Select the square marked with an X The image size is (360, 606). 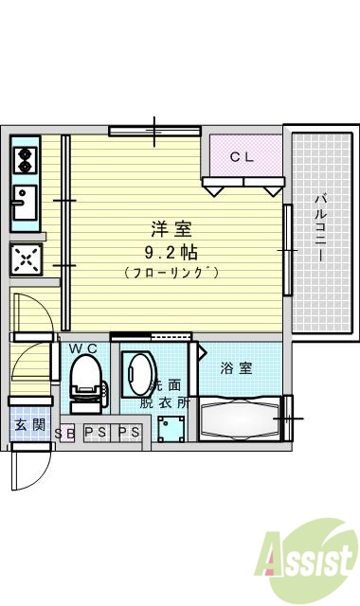[x=26, y=258]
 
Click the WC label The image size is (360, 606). [x=84, y=348]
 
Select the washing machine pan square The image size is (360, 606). [x=172, y=428]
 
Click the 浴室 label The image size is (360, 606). [x=237, y=367]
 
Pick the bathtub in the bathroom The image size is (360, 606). [x=242, y=416]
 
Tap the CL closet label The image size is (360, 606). [x=243, y=157]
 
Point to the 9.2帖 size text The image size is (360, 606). [x=171, y=252]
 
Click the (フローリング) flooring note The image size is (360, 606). [x=171, y=273]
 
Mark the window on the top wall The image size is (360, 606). [x=154, y=131]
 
